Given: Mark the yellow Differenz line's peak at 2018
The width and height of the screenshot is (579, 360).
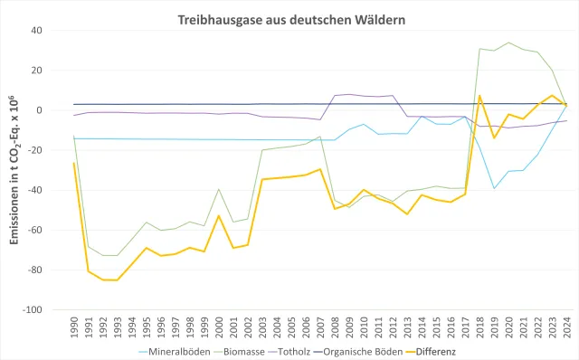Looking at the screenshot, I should [x=479, y=95].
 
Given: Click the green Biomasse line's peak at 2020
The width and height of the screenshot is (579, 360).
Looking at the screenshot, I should [x=508, y=43].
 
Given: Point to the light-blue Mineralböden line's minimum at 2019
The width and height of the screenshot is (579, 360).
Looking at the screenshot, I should [x=494, y=188].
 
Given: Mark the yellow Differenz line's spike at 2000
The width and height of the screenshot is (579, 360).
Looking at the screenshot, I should [x=219, y=215].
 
